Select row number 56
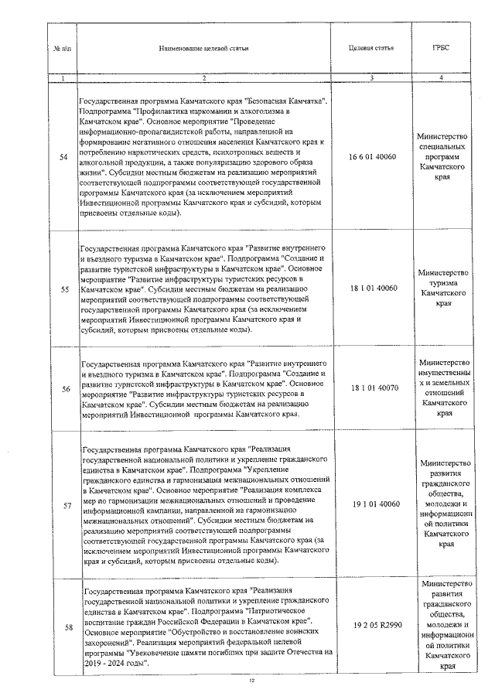(63, 388)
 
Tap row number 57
(63, 504)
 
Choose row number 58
(63, 626)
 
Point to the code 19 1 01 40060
(373, 504)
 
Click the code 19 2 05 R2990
(373, 623)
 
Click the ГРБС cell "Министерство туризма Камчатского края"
(441, 289)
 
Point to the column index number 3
(373, 77)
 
